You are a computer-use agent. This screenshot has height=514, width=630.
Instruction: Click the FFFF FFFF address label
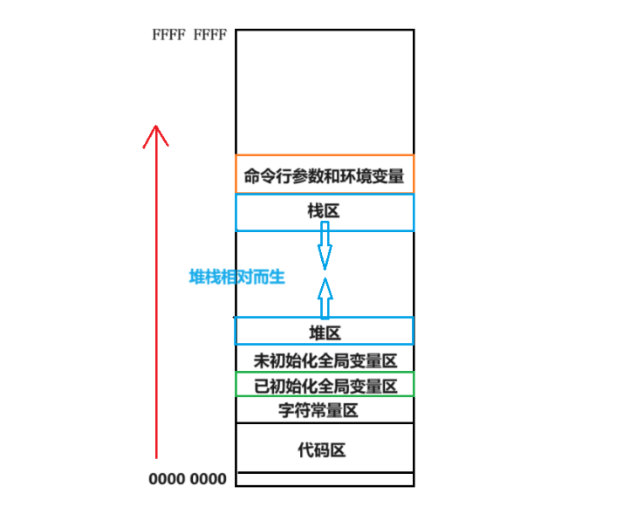click(189, 36)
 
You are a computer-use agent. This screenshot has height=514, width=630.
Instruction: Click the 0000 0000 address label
click(187, 479)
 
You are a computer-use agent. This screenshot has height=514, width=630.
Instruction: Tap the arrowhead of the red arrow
click(155, 134)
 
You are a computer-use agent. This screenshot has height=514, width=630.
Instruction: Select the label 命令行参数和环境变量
click(325, 175)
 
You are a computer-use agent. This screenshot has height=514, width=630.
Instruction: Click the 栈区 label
click(324, 212)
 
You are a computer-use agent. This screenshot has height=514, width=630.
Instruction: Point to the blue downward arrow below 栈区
click(325, 246)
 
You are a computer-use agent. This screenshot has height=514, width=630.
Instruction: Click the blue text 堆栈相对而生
click(237, 278)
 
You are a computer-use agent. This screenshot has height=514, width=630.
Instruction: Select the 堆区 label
click(325, 332)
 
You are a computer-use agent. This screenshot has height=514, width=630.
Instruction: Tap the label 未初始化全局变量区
click(325, 360)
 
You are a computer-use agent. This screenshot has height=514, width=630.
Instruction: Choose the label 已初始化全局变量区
click(325, 385)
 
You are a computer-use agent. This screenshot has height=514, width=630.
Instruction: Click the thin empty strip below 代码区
click(325, 479)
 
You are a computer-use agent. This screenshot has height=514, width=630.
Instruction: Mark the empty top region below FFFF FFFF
click(325, 92)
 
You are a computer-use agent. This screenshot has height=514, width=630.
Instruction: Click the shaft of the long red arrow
click(155, 305)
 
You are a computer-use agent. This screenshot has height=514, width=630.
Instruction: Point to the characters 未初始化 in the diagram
click(279, 360)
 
